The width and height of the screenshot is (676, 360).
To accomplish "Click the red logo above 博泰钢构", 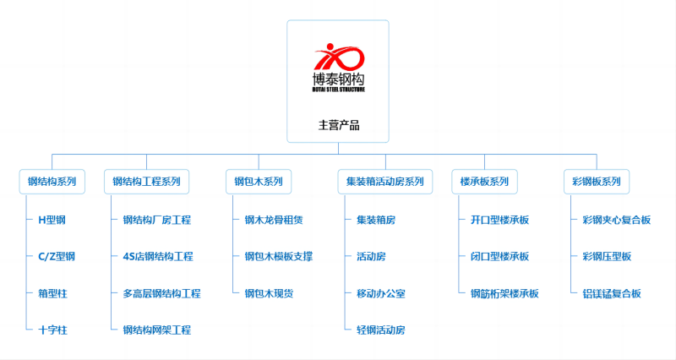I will click(x=339, y=57).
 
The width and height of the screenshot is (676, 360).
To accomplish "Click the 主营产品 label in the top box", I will click(x=339, y=125).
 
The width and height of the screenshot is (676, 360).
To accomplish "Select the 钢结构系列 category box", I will click(x=52, y=181).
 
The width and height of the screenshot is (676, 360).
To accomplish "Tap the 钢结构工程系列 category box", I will click(x=147, y=181).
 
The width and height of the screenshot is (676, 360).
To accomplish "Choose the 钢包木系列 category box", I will click(x=259, y=181).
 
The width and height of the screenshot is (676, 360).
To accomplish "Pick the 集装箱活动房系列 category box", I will click(x=384, y=181).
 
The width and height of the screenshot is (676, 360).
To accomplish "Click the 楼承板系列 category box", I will click(x=484, y=181).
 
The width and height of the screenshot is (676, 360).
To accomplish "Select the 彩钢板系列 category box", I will click(x=596, y=181).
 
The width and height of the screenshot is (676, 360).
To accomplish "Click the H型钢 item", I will click(x=52, y=220).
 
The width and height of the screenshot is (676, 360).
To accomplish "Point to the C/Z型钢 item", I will click(x=57, y=256).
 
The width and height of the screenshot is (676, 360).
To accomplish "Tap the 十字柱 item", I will click(x=52, y=330).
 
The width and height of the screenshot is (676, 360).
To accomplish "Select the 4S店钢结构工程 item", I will click(x=158, y=256).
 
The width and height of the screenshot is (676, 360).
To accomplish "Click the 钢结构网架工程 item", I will click(x=157, y=330).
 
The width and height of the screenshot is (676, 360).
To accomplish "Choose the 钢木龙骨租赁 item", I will click(x=274, y=220).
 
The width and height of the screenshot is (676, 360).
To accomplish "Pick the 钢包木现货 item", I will click(x=269, y=293).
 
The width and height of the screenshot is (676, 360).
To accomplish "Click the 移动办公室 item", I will click(x=381, y=293).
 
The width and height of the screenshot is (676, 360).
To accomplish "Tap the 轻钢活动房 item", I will click(x=381, y=330).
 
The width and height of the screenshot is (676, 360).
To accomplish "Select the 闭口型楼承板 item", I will click(x=499, y=256).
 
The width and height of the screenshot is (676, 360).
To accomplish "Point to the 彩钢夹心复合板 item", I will click(x=617, y=220).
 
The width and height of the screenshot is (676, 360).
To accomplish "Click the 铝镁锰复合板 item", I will click(x=612, y=293).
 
